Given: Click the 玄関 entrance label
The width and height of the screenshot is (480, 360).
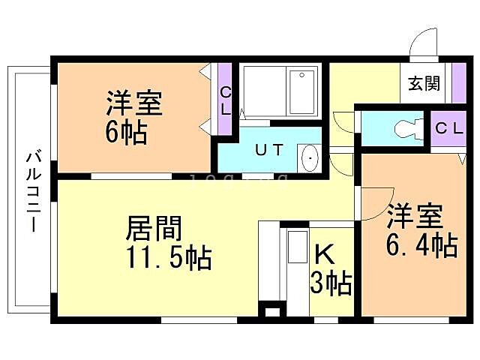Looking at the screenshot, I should point(424,83).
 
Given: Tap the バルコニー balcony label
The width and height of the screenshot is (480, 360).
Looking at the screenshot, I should point(33,191).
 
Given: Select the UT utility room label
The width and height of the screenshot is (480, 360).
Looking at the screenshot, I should point(270,149).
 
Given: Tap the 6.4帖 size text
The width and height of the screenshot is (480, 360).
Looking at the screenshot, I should point(422,245).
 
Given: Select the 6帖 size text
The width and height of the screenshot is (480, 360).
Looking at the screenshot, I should point(126,133).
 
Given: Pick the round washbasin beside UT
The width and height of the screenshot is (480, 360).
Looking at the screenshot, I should point(309,158).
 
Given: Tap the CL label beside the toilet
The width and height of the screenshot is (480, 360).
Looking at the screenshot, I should point(450,127).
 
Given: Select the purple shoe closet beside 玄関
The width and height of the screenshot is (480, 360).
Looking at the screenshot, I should point(460,84).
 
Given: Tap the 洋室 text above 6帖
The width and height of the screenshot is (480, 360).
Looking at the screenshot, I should point(134,103).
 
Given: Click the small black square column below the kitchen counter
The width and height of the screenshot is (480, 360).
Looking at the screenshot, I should point(270,310).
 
